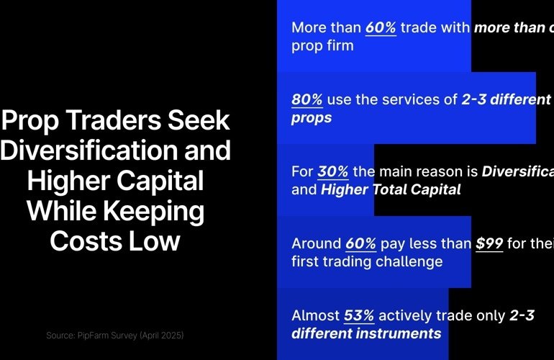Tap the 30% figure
coord(333,172)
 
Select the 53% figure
coord(360,315)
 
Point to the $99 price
coord(489,243)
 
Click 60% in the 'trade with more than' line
coord(381,27)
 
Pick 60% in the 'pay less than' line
coord(360,243)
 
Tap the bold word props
coord(312,117)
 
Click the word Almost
coord(315,315)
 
